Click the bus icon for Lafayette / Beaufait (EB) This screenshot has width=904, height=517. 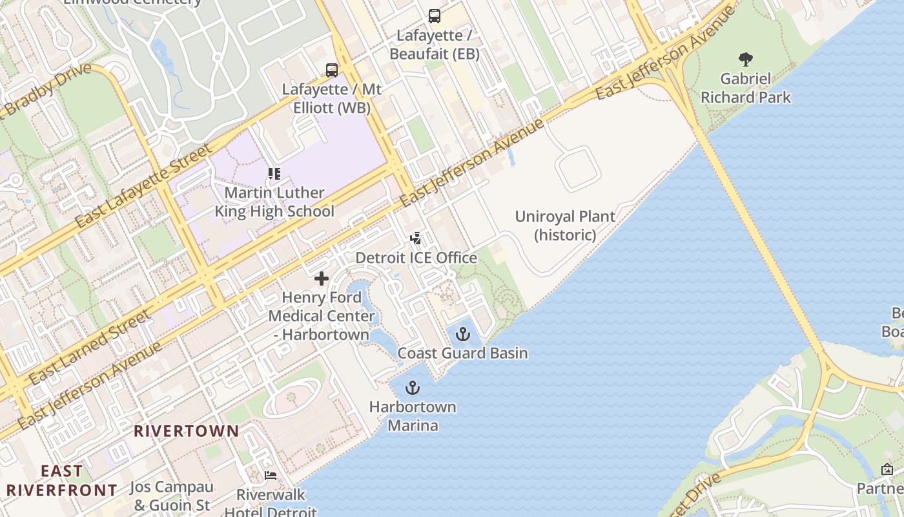point(435,16)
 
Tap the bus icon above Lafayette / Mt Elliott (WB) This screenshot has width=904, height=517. point(332,70)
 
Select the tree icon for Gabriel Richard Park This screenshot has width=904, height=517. point(746,59)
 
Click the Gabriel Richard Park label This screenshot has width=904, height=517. point(746,89)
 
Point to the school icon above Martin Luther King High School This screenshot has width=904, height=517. point(274,174)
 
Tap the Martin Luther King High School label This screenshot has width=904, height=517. point(274,202)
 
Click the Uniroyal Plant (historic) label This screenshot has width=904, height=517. point(565,226)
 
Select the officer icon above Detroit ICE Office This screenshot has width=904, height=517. point(416,238)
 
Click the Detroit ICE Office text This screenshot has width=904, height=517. point(416,258)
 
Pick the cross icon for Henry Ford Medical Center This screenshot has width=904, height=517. point(321,279)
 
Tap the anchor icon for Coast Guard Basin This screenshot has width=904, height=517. point(462,334)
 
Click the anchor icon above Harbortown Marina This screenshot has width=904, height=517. point(412,388)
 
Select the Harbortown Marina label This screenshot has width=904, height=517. point(412,416)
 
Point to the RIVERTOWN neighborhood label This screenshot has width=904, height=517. point(186,431)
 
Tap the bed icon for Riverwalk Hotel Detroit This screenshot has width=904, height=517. point(271,476)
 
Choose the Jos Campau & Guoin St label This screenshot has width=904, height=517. point(171,496)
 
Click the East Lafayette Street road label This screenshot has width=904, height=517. point(143,186)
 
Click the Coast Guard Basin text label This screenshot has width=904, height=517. point(462,353)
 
